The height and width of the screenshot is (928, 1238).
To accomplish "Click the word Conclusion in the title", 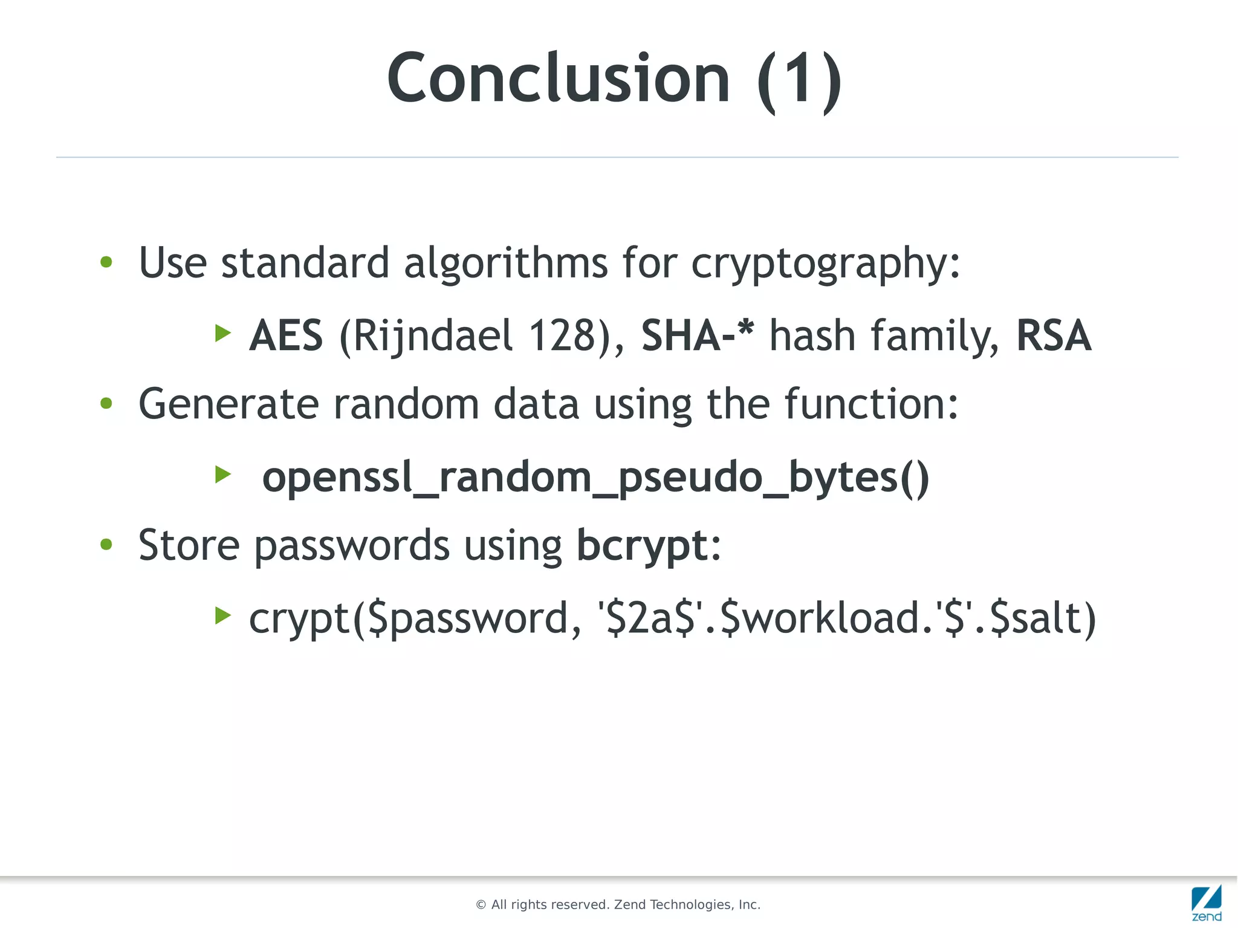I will [558, 79].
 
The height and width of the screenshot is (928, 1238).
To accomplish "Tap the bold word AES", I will [286, 336].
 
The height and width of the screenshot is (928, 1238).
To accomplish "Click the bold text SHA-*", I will [698, 336].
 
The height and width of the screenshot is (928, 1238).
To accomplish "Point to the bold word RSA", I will [1054, 336].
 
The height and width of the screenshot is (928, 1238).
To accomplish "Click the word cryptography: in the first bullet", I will [825, 264].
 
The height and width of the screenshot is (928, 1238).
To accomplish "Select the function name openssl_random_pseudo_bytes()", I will [595, 478].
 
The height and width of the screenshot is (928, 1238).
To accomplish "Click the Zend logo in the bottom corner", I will [1207, 903].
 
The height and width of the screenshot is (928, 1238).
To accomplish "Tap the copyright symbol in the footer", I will [481, 905].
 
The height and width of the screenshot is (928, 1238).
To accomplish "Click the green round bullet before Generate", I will [106, 403].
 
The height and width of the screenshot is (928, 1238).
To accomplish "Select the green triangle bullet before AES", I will [223, 333].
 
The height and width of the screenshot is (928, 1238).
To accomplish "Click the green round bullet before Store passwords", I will [106, 544].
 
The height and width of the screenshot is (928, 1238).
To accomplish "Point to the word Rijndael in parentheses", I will [432, 336].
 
